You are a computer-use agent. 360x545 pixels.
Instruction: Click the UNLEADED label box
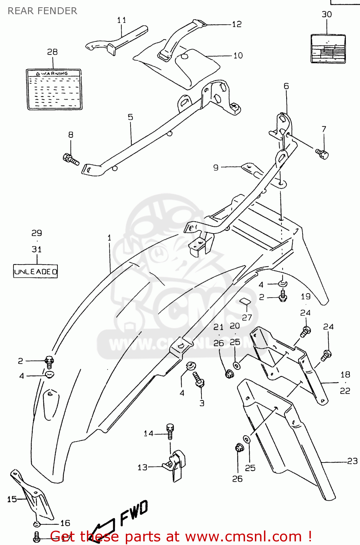(35, 271)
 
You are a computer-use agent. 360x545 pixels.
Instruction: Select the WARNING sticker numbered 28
(54, 89)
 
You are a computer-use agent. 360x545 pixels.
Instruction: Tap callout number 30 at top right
(327, 15)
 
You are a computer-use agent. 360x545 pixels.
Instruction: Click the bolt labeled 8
(71, 159)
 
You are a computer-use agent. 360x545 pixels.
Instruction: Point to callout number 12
(237, 24)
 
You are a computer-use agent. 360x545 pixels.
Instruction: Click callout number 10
(238, 56)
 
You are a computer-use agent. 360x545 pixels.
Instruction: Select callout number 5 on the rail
(130, 117)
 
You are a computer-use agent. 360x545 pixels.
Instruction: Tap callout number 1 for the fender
(109, 238)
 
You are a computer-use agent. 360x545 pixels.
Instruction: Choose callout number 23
(352, 461)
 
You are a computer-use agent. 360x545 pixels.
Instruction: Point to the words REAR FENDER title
(42, 11)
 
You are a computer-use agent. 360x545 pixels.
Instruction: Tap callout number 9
(216, 167)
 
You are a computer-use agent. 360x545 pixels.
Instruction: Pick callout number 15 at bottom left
(12, 499)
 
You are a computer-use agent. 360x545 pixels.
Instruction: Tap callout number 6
(286, 86)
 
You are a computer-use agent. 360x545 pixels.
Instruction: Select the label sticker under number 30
(328, 49)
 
